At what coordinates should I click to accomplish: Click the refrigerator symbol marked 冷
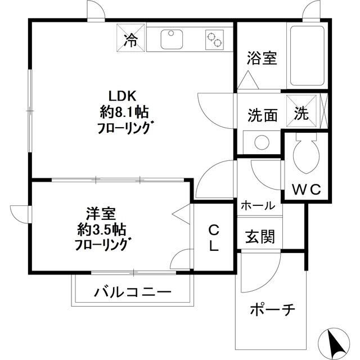(x=130, y=39)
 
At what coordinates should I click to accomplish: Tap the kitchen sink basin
(x=172, y=39)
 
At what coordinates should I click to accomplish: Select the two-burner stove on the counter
(x=214, y=38)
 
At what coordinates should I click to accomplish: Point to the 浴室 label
(x=263, y=58)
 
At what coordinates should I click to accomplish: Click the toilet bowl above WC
(x=305, y=158)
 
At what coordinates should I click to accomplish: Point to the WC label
(x=305, y=191)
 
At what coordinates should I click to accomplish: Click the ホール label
(x=258, y=206)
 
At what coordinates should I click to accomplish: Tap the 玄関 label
(x=259, y=237)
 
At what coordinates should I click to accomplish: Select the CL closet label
(x=214, y=237)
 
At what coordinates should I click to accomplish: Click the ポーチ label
(x=272, y=310)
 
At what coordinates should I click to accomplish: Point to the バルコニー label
(x=132, y=292)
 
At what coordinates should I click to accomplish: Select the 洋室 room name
(x=101, y=214)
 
